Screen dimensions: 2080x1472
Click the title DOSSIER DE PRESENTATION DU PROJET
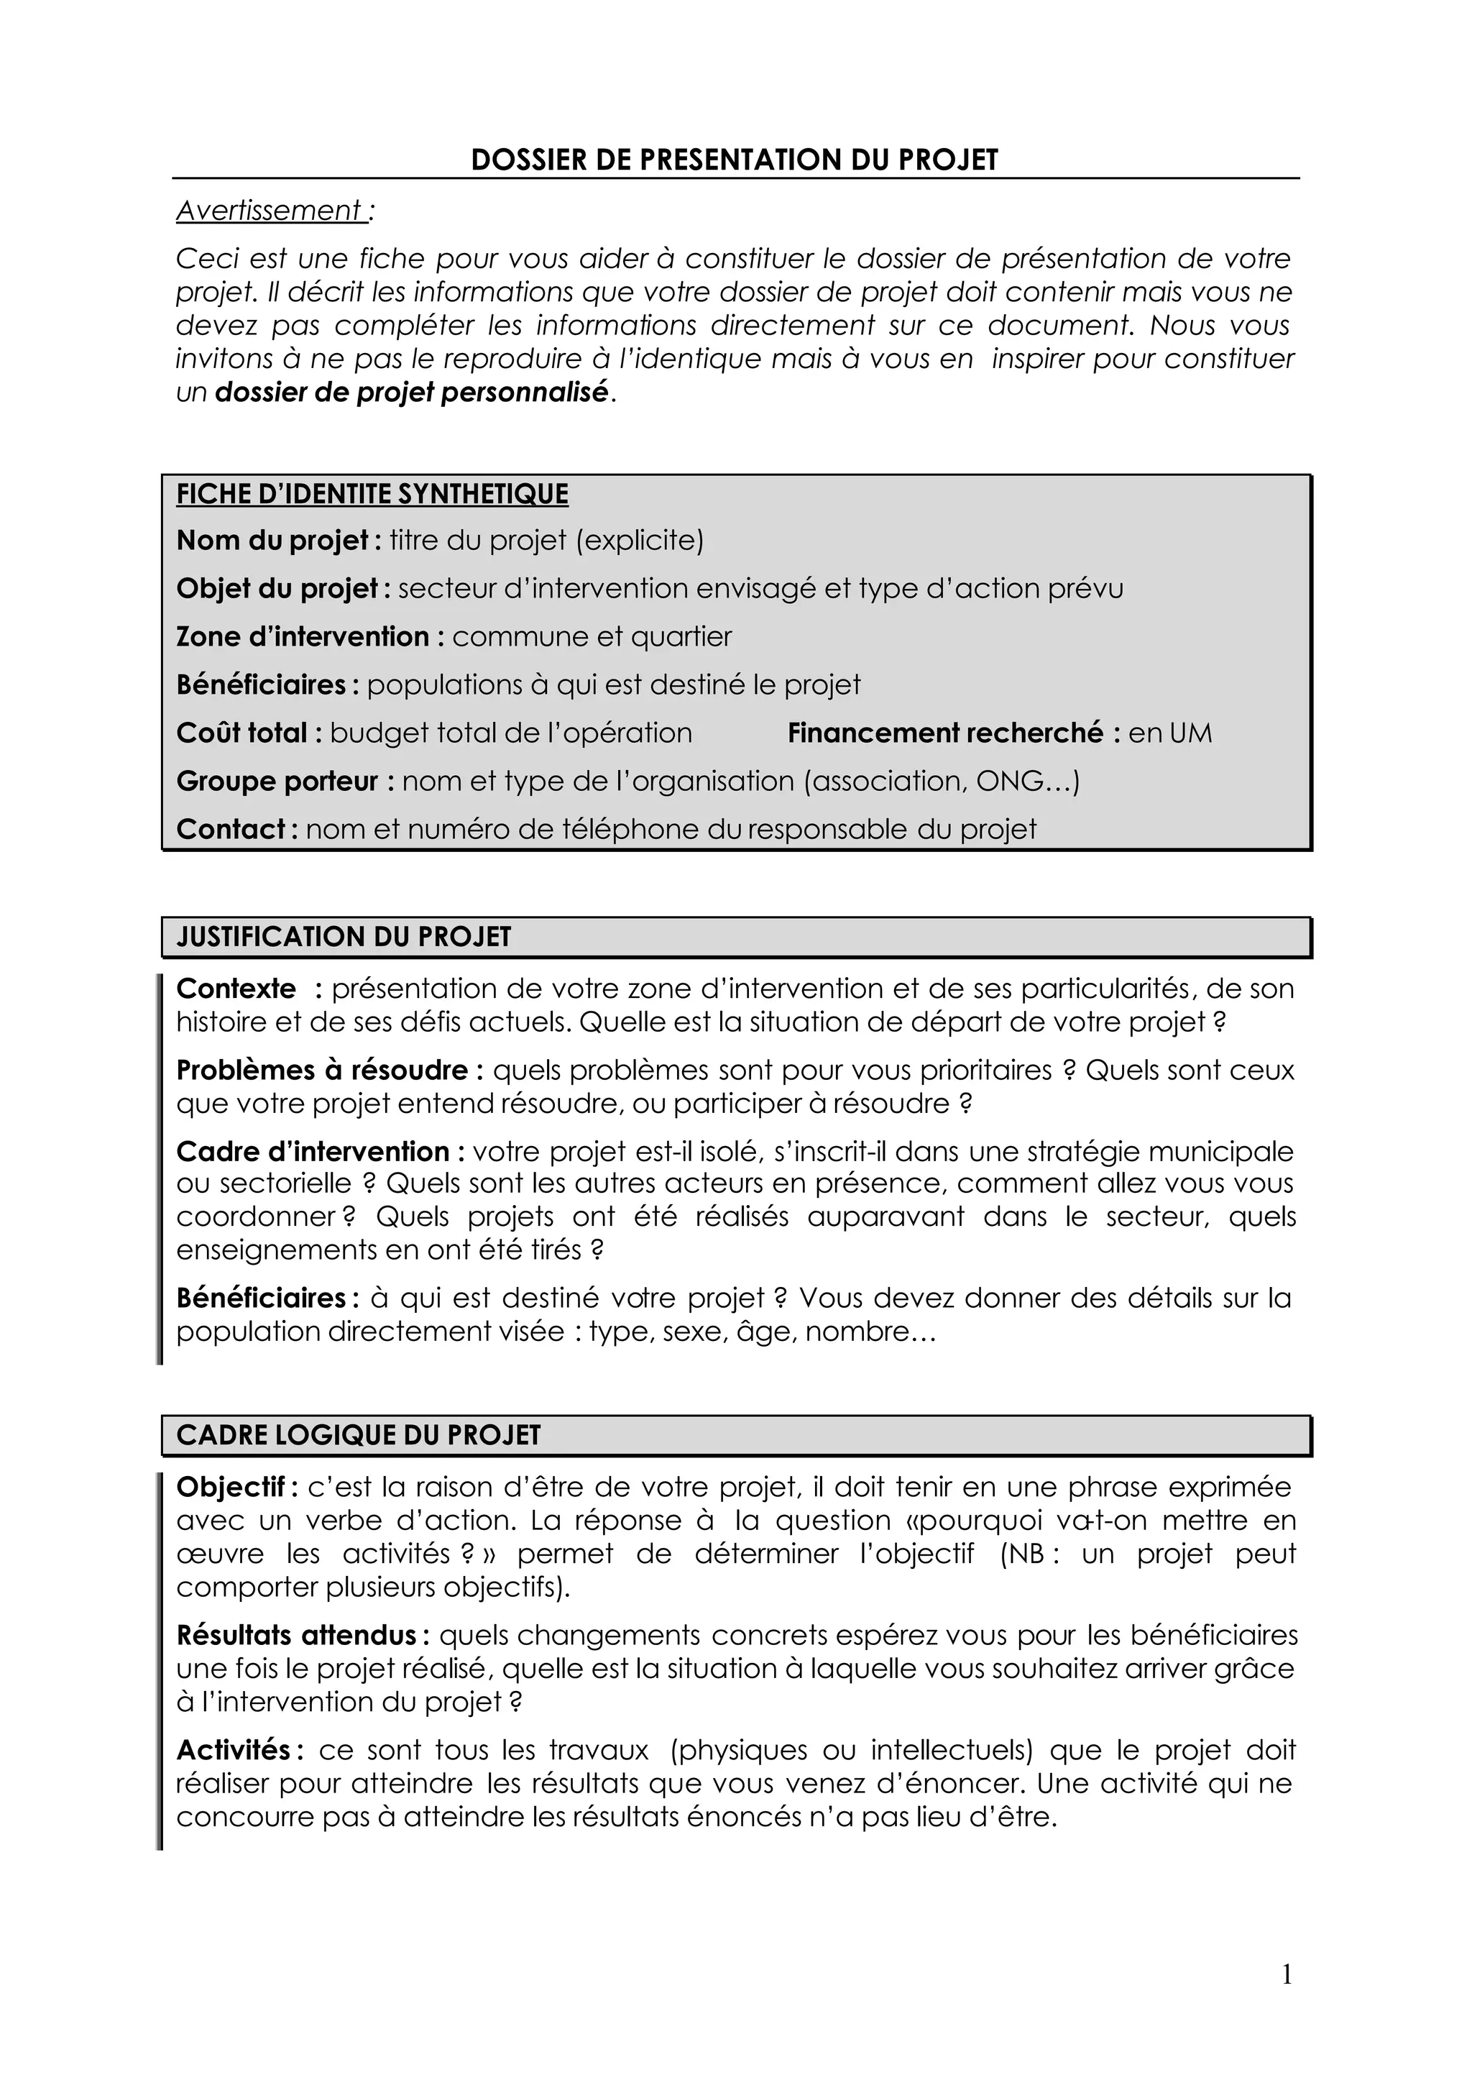[734, 160]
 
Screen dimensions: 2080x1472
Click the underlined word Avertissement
[270, 211]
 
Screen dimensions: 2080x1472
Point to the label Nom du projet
[272, 541]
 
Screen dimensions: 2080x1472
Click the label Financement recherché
[945, 733]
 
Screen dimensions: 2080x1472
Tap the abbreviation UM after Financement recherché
[1190, 733]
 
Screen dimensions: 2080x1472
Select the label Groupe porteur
[277, 781]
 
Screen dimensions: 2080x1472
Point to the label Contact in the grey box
[231, 829]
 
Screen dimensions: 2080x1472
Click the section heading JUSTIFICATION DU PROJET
[344, 937]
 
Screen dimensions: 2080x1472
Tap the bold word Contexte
[236, 989]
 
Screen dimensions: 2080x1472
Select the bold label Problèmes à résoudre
[322, 1070]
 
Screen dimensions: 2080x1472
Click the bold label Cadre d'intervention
[313, 1152]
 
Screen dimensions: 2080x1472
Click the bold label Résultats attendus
[296, 1635]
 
